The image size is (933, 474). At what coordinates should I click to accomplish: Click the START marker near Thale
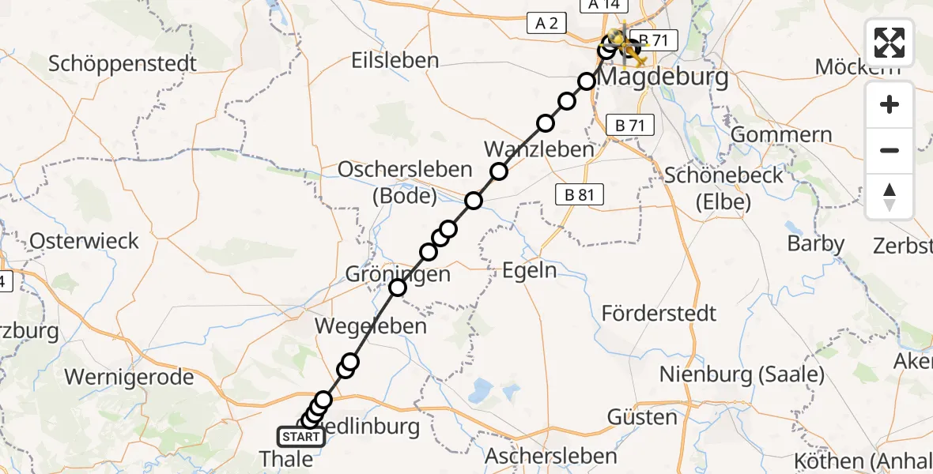[301, 437]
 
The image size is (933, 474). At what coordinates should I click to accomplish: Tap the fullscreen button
[890, 43]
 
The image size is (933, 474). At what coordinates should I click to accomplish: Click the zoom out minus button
[890, 150]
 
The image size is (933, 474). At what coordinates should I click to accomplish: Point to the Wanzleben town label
[538, 149]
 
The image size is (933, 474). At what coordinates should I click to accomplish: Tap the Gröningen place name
[398, 275]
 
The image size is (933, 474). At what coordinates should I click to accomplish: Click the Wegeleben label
[371, 325]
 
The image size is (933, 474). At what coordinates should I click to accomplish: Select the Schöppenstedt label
[122, 63]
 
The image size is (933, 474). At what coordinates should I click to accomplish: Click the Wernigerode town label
[129, 377]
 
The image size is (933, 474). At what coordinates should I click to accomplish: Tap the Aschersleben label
[550, 456]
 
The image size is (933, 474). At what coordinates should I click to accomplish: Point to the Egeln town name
[530, 271]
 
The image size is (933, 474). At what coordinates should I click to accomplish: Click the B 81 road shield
[579, 194]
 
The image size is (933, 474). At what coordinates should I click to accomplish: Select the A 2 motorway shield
[546, 24]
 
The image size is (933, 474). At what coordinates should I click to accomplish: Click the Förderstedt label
[659, 313]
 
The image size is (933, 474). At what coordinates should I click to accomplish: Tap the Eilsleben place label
[396, 60]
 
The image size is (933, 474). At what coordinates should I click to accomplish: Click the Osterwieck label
[84, 241]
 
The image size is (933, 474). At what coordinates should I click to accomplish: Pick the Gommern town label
[781, 134]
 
